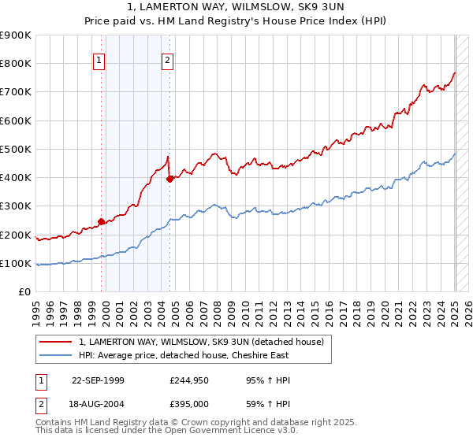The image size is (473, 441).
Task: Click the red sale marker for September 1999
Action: pos(101,221)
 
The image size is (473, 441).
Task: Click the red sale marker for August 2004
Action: pos(169,179)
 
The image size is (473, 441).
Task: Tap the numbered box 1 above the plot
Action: pos(99,60)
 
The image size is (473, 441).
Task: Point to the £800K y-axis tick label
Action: pos(16,64)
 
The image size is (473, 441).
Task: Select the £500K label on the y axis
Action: pos(16,149)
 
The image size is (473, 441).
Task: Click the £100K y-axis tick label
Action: pos(16,263)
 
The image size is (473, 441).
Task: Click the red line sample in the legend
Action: pos(57,343)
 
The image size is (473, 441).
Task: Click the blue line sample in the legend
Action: pos(57,356)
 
